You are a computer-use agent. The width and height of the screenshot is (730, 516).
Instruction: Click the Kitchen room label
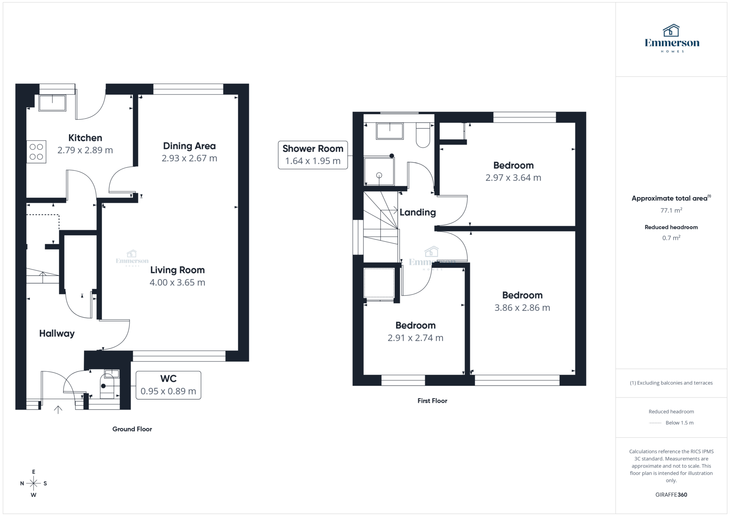tap(85, 138)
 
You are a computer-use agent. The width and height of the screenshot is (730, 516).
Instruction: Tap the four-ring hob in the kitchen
tap(36, 152)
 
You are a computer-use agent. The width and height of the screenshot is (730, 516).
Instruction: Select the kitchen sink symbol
tap(52, 103)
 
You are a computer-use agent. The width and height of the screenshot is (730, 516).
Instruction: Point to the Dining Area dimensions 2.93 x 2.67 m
tap(189, 158)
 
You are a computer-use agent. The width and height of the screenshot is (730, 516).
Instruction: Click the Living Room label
tap(177, 270)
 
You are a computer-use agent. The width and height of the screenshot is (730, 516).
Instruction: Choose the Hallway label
tap(57, 333)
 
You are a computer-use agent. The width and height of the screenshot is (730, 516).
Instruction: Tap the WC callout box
tap(168, 385)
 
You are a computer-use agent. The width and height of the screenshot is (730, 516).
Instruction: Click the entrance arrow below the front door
tap(58, 410)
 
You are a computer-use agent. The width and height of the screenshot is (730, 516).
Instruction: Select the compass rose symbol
tap(34, 483)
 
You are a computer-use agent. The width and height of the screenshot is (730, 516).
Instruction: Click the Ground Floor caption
tap(132, 429)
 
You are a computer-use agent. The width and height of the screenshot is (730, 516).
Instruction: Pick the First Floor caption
tap(432, 401)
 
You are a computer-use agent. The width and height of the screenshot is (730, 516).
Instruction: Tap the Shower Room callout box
tap(313, 155)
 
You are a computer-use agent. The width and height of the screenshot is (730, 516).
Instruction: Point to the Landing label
tap(417, 212)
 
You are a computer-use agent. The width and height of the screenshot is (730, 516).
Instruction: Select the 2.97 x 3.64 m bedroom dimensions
tap(513, 178)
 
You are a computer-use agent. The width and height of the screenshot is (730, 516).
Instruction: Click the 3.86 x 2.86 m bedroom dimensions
tap(522, 308)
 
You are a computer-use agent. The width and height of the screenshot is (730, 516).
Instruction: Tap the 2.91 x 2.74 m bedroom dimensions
tap(415, 338)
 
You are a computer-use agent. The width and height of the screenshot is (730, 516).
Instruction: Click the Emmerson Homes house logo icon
tap(671, 31)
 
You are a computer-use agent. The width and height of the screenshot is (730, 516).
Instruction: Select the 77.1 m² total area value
tap(671, 210)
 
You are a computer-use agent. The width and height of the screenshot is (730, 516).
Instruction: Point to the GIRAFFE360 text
tap(671, 495)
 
